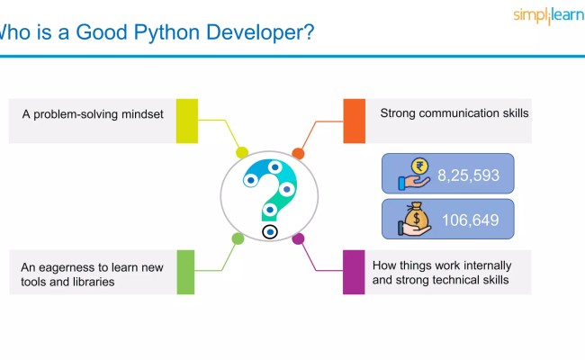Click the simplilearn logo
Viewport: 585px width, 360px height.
pos(547,15)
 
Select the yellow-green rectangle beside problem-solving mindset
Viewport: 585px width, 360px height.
pos(186,121)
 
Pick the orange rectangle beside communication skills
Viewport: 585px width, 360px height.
pos(355,121)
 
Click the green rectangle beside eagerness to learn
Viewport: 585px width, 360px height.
pos(185,272)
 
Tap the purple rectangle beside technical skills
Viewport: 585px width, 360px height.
pos(354,272)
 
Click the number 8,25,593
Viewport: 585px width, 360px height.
pos(468,175)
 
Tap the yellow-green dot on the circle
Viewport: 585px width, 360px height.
pos(241,152)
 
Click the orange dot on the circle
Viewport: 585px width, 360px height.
pos(299,153)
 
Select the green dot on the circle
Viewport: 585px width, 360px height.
pos(238,238)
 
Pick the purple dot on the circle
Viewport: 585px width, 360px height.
pos(299,238)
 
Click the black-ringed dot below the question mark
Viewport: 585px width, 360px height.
pos(270,232)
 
